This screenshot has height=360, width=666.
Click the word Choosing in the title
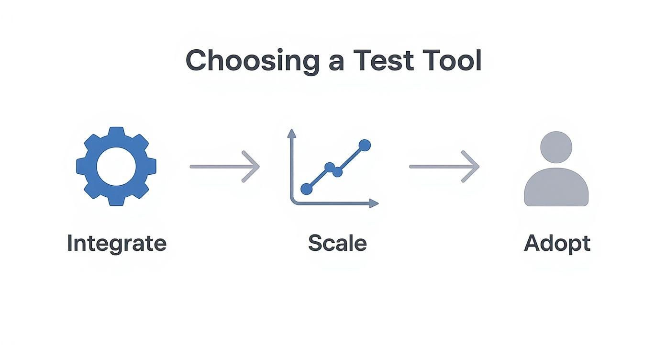(x=252, y=61)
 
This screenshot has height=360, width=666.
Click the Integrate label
(x=116, y=243)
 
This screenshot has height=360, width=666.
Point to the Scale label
(x=337, y=243)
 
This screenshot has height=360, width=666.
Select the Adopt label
(x=557, y=244)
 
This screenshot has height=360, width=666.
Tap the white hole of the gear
(x=116, y=166)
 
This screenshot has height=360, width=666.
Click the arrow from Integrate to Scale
(x=224, y=167)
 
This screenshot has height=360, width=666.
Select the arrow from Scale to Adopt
(x=444, y=167)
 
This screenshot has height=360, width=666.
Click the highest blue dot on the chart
(x=365, y=145)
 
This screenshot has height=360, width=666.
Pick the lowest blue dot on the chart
(x=306, y=189)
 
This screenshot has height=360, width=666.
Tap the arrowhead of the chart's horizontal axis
(x=374, y=203)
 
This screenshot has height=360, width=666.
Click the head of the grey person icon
(x=556, y=147)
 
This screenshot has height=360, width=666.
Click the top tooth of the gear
(x=116, y=132)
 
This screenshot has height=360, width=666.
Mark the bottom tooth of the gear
(x=116, y=201)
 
